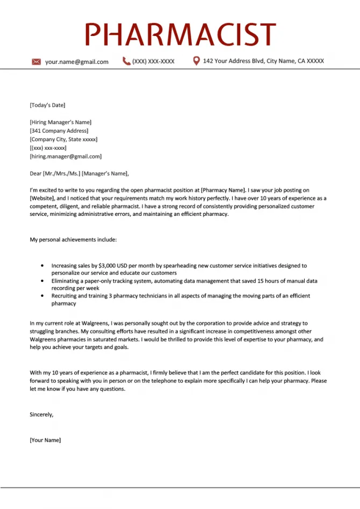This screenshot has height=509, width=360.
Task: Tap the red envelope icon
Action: tap(37, 62)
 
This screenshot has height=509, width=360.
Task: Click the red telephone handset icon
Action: tap(126, 61)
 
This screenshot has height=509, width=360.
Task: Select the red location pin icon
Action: tap(196, 61)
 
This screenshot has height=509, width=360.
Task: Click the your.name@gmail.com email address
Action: tap(77, 62)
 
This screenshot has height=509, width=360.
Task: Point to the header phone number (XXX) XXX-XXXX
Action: tap(153, 62)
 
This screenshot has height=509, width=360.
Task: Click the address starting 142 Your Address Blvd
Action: tap(263, 61)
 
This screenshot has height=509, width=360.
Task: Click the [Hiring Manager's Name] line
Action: tap(61, 122)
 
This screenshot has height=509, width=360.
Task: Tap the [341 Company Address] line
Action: tap(59, 131)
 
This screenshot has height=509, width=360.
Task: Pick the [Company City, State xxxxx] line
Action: tap(63, 140)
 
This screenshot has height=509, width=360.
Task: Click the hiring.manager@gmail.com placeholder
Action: tap(66, 157)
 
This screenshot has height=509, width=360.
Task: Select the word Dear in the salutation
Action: tap(35, 173)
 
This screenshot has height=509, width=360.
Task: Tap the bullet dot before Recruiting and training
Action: tap(42, 296)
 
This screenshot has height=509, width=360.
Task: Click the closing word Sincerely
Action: tap(41, 415)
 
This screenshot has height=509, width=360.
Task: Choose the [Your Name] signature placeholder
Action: tap(45, 440)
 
